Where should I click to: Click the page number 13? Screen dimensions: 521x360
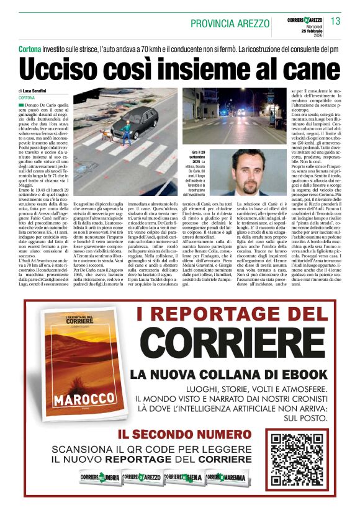[335, 22]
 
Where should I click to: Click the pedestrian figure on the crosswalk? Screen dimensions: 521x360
[127, 129]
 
